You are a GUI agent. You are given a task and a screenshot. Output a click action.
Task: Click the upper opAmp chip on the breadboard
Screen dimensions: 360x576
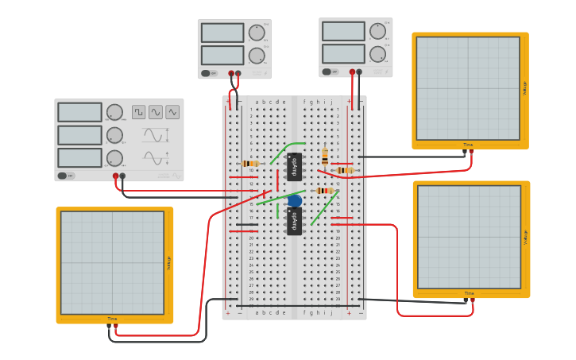click(294, 167)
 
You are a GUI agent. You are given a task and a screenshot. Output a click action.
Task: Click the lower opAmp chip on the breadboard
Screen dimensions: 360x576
click(294, 220)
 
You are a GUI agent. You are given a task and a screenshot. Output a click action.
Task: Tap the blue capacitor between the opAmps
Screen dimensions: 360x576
click(295, 200)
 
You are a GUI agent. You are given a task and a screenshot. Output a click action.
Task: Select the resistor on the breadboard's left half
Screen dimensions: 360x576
click(249, 163)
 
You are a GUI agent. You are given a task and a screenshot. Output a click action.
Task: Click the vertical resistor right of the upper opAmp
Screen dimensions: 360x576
click(324, 155)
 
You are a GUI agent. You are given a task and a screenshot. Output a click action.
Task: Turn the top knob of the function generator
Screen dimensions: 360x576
click(114, 112)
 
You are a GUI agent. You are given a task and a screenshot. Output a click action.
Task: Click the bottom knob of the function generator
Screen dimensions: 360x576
click(114, 158)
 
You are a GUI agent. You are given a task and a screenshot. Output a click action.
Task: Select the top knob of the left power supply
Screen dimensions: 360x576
click(256, 33)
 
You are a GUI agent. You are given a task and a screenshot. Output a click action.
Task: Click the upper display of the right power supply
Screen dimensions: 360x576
click(343, 31)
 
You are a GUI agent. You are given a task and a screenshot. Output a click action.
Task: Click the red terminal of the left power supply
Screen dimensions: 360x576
click(231, 73)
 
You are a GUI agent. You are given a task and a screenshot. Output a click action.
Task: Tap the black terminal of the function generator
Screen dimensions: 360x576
click(122, 176)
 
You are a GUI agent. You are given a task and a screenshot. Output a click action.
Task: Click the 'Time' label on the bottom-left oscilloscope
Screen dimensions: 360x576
click(112, 319)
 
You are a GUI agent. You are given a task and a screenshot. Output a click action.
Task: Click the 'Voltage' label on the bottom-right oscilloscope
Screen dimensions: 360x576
click(525, 237)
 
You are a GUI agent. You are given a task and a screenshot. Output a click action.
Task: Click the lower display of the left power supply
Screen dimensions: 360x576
click(222, 55)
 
